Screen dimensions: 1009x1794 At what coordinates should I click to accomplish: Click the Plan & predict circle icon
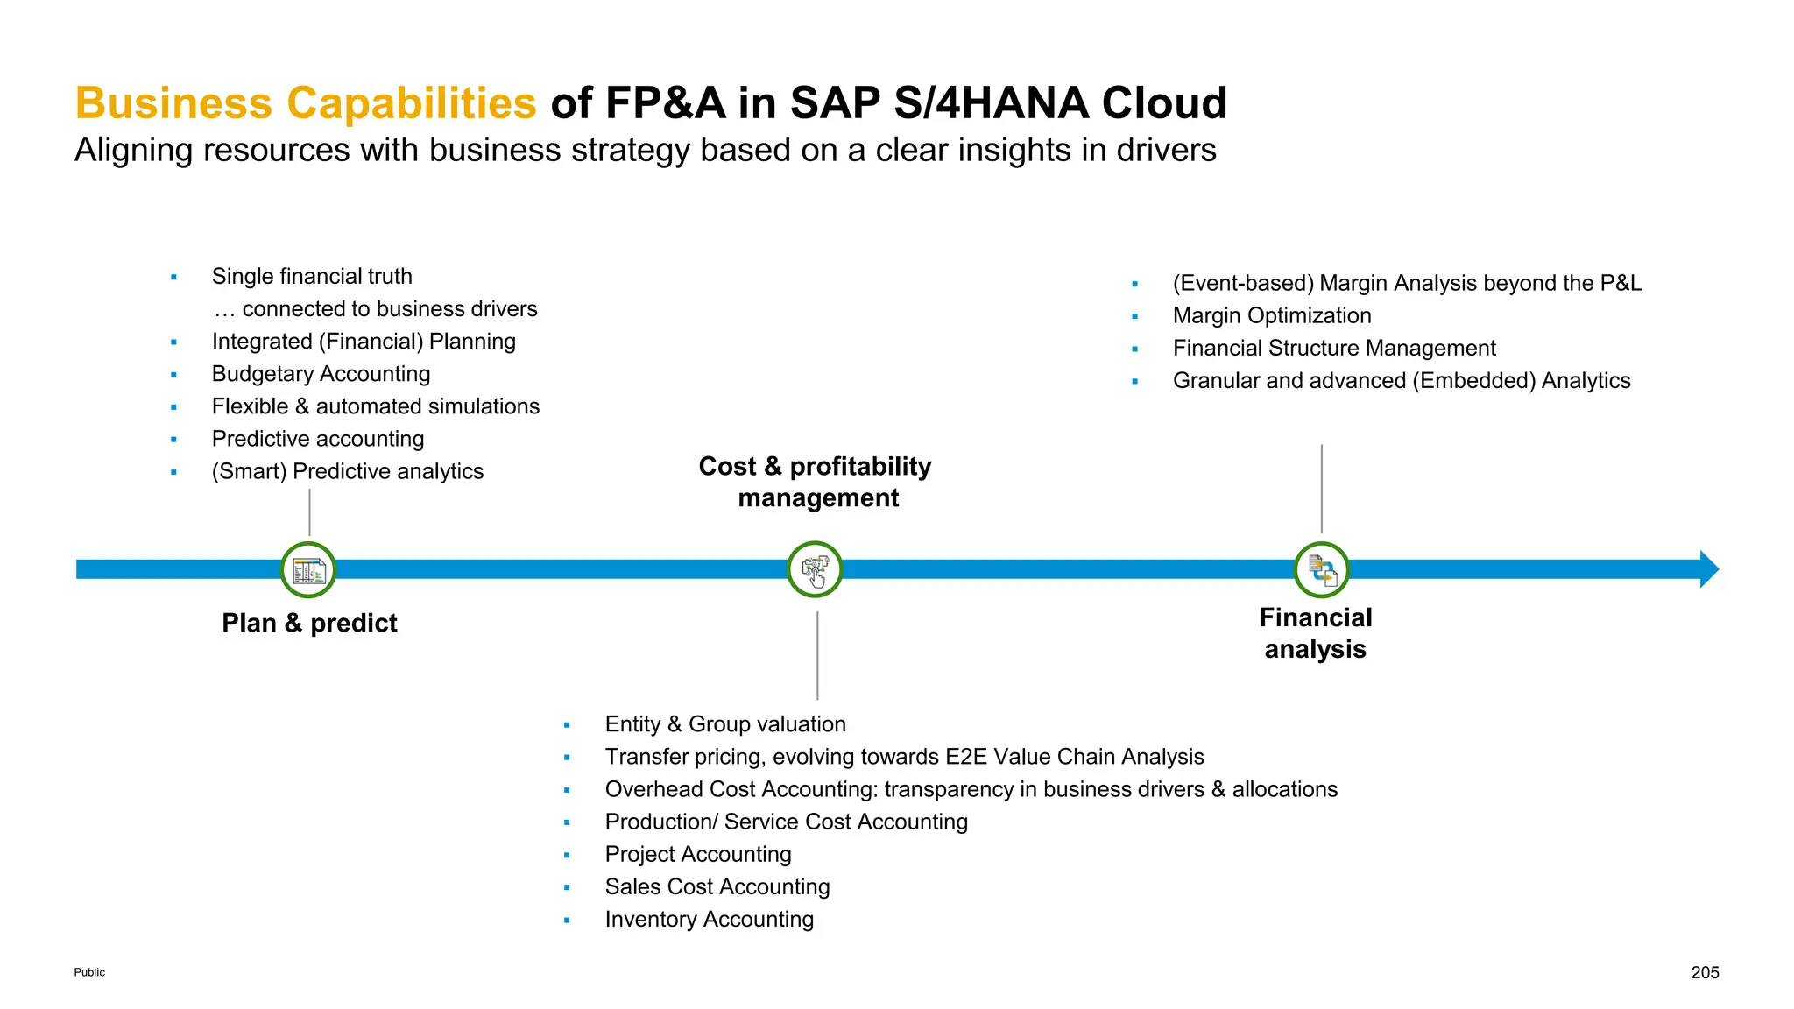tap(308, 570)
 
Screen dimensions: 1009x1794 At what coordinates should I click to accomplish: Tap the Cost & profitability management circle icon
tap(815, 570)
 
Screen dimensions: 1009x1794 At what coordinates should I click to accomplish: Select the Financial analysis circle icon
tap(1321, 570)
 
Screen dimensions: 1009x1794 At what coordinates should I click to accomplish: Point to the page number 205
tap(1705, 972)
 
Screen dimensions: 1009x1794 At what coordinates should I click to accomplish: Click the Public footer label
tap(89, 972)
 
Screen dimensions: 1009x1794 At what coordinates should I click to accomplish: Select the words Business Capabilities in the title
tap(305, 103)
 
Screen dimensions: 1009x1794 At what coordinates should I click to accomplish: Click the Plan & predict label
tap(309, 623)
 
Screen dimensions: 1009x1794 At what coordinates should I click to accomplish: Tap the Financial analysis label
tap(1315, 633)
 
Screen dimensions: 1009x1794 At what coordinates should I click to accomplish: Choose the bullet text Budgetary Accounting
tap(321, 374)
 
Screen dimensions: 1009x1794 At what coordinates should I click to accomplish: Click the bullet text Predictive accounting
tap(318, 439)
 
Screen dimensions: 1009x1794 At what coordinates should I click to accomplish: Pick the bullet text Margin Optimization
tap(1272, 316)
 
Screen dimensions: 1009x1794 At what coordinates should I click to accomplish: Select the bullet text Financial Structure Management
tap(1334, 349)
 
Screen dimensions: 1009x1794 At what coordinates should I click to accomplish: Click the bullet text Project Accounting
tap(698, 854)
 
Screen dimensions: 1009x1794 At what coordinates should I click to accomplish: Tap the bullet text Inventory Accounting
tap(710, 919)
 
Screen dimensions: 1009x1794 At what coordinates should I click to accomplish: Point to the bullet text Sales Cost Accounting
tap(717, 886)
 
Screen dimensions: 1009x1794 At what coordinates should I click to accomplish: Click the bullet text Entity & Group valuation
tap(725, 724)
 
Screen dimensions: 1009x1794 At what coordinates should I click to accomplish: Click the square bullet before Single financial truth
tap(173, 278)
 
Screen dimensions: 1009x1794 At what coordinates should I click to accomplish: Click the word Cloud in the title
tap(1164, 103)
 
